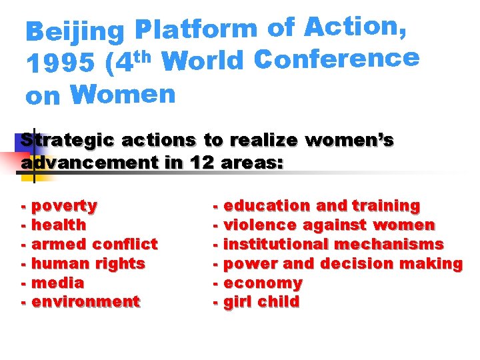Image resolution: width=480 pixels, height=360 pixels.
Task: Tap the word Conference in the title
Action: [x=337, y=61]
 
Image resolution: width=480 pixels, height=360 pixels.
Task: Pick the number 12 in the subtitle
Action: [x=201, y=162]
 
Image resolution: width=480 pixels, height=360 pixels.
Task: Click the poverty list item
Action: [x=64, y=206]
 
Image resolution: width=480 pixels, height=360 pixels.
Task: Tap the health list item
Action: [x=59, y=225]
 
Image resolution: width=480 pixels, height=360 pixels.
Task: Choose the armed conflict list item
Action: [x=94, y=245]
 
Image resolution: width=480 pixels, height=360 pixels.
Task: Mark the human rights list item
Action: [x=88, y=264]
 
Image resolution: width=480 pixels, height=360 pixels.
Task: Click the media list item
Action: [x=57, y=283]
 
